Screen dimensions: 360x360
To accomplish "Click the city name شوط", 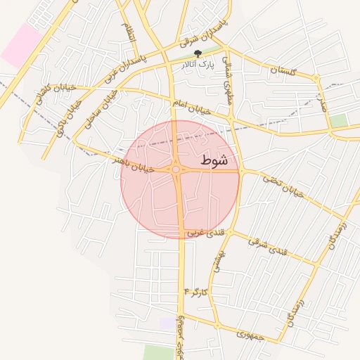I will click(214, 160).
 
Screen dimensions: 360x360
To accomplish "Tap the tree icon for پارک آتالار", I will click(198, 53).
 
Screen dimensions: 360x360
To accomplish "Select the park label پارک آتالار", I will click(196, 65).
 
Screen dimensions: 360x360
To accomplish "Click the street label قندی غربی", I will click(211, 232).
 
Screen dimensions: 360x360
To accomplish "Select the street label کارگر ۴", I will click(196, 290).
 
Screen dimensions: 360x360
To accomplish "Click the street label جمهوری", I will click(250, 335).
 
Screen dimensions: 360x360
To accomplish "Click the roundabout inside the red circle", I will click(176, 169).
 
